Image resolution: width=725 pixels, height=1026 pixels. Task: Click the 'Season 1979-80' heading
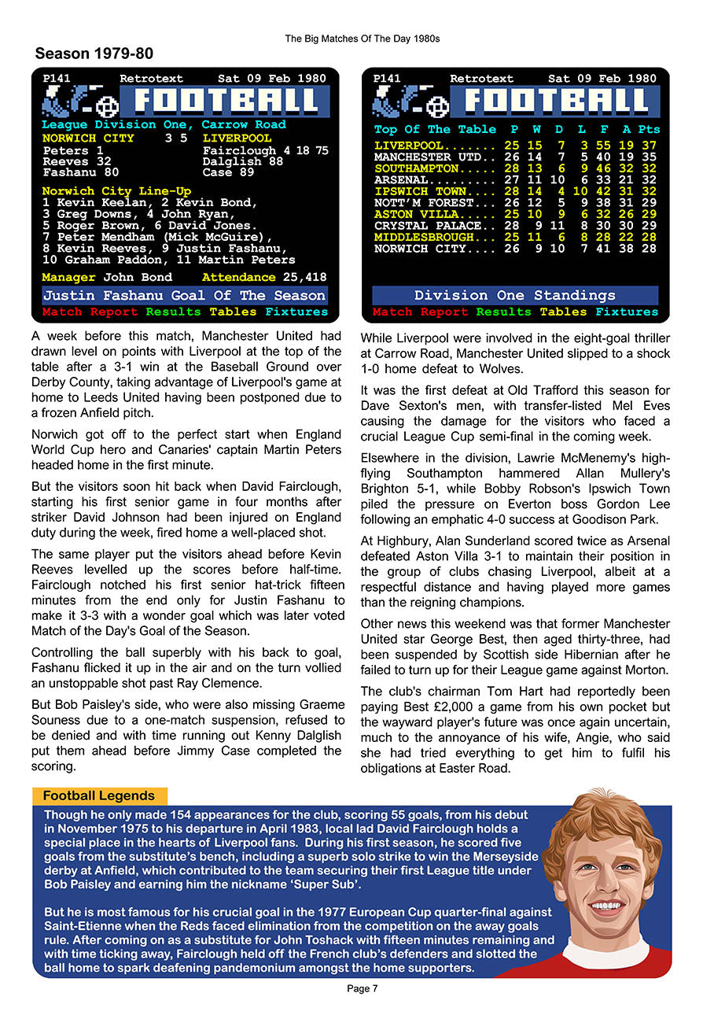(x=94, y=54)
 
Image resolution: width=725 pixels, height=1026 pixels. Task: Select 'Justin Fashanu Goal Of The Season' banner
(x=184, y=296)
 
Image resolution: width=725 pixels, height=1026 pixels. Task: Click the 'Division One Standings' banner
(x=515, y=296)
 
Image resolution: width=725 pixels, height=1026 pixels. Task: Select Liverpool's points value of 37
(x=649, y=146)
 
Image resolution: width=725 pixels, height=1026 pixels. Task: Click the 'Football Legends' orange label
(x=99, y=795)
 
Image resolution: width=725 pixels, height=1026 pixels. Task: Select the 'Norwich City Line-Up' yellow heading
(x=116, y=191)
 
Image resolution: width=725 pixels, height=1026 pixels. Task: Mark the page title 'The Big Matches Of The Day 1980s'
(x=362, y=38)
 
